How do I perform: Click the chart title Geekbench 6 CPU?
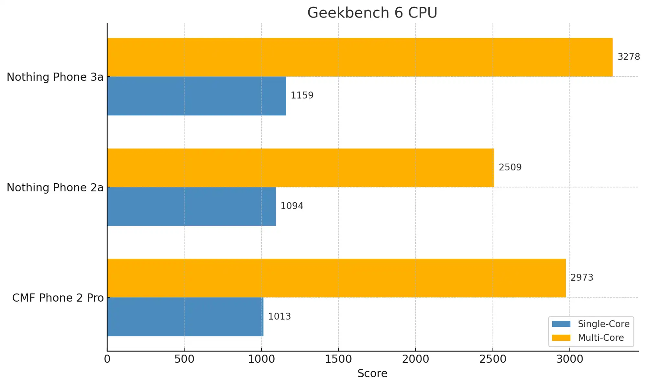372,13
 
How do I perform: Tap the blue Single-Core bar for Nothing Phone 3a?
196,96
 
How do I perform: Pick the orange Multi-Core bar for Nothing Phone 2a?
301,167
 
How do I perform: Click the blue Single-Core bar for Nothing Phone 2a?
192,206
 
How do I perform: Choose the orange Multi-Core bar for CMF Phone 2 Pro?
336,278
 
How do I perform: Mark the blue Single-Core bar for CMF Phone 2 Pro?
185,316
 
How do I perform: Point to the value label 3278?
629,57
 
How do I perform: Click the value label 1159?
302,95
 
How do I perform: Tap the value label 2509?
510,167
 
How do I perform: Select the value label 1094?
292,206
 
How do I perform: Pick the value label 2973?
582,278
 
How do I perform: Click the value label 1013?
279,316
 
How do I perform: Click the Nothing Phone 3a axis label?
55,77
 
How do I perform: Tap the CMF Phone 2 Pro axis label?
58,298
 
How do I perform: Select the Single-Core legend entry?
603,324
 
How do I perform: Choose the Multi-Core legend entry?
600,338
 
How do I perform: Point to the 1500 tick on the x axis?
338,359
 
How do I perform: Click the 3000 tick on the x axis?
570,359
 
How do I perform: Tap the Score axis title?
372,374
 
